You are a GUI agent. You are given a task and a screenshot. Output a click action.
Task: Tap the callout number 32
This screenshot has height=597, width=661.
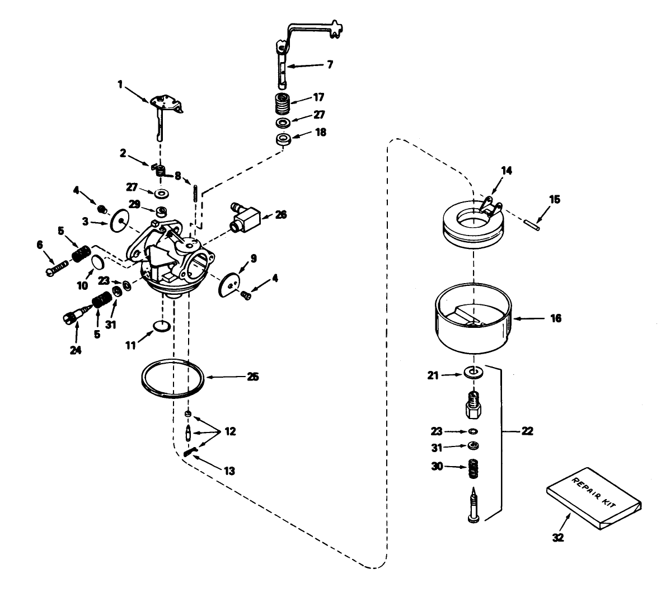click(x=557, y=538)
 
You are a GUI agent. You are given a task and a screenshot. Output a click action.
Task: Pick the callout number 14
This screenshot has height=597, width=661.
click(x=506, y=170)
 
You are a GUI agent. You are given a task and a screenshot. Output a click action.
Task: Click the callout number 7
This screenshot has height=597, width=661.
click(x=329, y=65)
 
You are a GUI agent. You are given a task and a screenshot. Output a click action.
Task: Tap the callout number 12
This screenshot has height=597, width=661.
click(x=230, y=431)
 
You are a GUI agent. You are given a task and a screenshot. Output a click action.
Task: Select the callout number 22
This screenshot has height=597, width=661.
click(x=527, y=431)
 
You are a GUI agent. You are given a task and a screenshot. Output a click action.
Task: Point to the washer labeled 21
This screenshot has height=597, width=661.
click(x=474, y=372)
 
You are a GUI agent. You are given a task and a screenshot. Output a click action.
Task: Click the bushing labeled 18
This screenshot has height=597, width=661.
click(x=284, y=138)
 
